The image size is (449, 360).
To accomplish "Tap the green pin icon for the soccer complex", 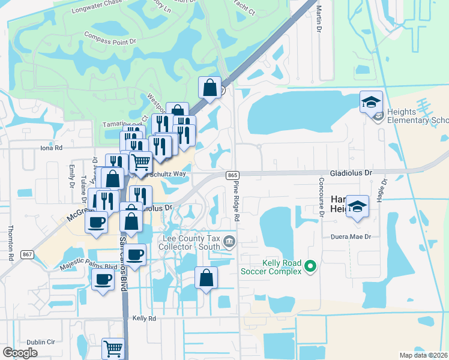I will click(x=310, y=265).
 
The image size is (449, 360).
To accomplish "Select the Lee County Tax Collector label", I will click(x=191, y=242).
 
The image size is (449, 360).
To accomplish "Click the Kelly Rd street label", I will click(x=144, y=318).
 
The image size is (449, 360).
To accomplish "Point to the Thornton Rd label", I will click(x=10, y=242).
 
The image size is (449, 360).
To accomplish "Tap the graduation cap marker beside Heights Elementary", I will click(x=372, y=101).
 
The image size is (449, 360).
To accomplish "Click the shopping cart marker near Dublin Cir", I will click(x=113, y=347).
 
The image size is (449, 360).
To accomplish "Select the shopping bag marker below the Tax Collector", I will click(x=206, y=278).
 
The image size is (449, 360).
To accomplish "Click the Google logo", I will click(x=20, y=352).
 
